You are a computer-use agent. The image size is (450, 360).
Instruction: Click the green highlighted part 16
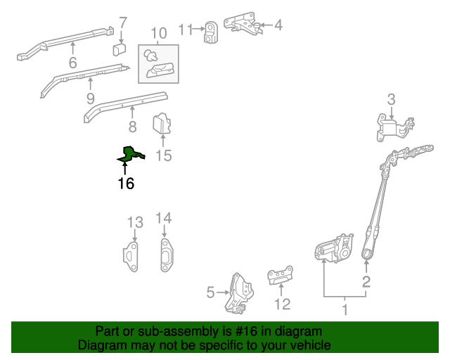130,155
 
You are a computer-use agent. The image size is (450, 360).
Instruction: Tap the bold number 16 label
125,184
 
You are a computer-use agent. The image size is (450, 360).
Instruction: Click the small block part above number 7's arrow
120,49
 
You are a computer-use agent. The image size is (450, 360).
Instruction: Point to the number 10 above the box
158,32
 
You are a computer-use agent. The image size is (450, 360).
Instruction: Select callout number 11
185,30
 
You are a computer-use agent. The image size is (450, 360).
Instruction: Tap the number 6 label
72,63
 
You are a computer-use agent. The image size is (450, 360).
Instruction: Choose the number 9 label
90,97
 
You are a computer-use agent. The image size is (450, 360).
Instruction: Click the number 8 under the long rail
132,127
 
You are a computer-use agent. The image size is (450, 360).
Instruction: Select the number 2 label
366,283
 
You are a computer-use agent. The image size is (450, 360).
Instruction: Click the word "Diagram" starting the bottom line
101,345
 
